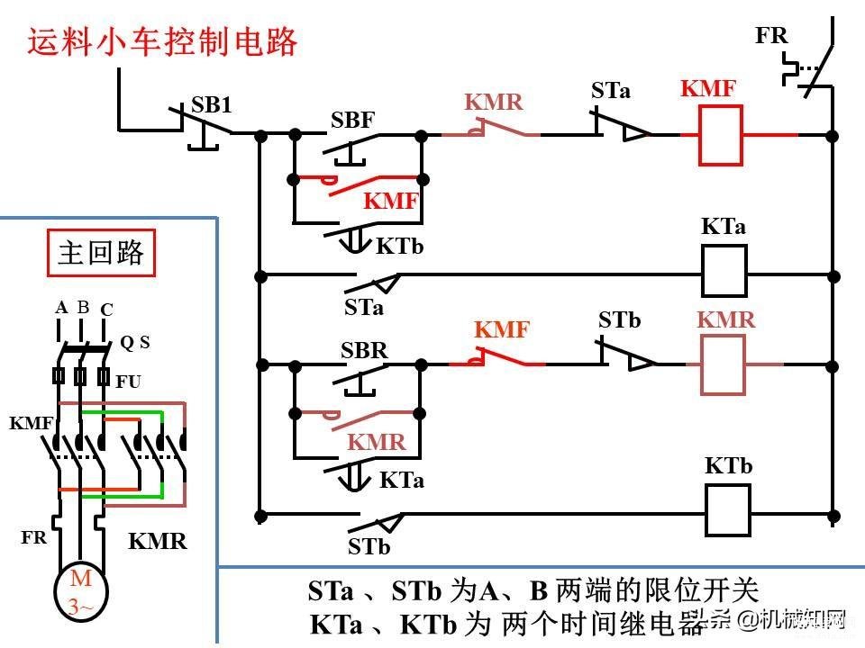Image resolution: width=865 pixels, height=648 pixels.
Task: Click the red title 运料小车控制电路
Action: [x=162, y=42]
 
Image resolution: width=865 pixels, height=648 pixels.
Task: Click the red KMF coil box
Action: [x=720, y=135]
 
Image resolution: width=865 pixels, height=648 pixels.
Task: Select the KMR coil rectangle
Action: [x=723, y=364]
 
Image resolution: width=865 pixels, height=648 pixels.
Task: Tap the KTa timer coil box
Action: [x=724, y=272]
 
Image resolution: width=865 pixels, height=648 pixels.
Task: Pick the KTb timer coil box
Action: [x=728, y=509]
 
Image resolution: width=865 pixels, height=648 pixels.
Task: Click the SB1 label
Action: [x=211, y=104]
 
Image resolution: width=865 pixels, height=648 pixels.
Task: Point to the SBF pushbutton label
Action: [x=352, y=120]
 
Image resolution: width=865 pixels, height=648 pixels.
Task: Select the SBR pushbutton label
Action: [x=364, y=350]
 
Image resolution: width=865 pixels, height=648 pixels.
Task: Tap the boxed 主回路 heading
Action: [x=101, y=253]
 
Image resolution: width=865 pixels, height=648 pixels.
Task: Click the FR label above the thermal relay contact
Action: [x=771, y=35]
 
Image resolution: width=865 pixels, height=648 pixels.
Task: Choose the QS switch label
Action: [x=135, y=343]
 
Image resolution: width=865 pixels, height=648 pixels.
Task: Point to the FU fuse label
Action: [x=128, y=382]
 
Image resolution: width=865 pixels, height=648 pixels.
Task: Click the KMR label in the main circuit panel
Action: [x=157, y=541]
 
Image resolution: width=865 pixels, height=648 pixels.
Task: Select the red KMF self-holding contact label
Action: [x=390, y=201]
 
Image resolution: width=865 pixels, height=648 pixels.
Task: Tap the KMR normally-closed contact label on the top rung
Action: [x=493, y=102]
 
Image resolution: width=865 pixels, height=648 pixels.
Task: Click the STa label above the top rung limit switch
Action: [x=611, y=90]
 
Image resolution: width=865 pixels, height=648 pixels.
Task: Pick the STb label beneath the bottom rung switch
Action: [x=369, y=546]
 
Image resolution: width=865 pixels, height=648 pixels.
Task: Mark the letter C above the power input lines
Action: [x=106, y=310]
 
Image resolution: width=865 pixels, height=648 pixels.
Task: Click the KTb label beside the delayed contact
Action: [x=399, y=247]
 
